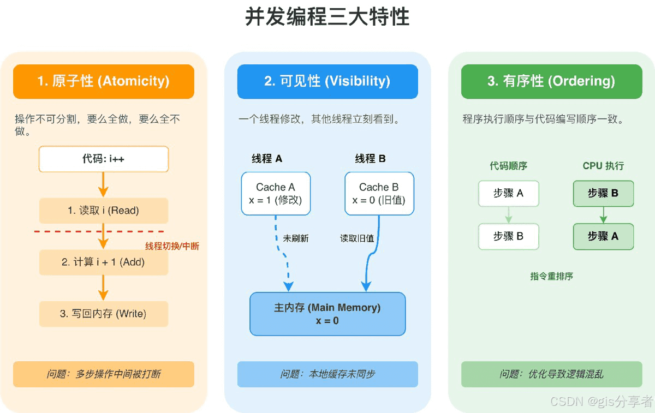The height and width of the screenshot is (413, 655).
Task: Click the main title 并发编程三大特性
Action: pos(327,17)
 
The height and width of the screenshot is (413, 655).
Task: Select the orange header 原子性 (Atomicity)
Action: pos(104,81)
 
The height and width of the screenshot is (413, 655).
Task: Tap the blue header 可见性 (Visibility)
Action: pos(327,81)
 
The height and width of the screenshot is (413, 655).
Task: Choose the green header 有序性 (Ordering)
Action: pos(551,81)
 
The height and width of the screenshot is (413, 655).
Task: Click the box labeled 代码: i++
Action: pos(104,160)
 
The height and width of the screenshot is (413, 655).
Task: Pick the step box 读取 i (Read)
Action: pos(104,211)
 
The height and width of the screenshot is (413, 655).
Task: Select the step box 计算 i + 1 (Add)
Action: pos(104,262)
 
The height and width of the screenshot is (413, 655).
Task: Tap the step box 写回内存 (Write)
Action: pos(104,314)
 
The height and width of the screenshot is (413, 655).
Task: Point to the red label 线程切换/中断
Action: pos(172,246)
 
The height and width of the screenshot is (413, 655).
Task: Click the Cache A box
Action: pos(276,194)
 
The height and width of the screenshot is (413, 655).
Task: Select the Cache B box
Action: pos(379,194)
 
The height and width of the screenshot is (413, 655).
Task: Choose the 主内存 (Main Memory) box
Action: pos(327,314)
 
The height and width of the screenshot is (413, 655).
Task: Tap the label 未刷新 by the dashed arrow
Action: pos(296,238)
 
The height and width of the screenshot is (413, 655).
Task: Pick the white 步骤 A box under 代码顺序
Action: pos(508,193)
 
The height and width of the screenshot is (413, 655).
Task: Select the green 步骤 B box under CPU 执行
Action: pos(603,193)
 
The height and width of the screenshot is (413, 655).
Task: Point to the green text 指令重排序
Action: pos(551,276)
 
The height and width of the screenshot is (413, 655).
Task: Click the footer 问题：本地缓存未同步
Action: pos(327,374)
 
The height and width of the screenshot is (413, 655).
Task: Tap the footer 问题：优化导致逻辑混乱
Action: pos(551,374)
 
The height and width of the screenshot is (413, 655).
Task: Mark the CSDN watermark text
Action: pos(601,402)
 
